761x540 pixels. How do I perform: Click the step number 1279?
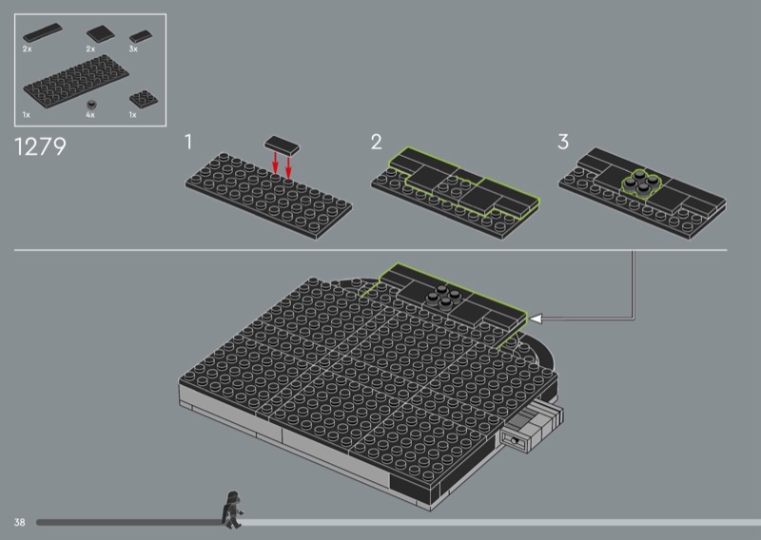tap(40, 146)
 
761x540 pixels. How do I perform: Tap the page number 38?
tap(19, 522)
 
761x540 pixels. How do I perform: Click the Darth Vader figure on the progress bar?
tap(232, 510)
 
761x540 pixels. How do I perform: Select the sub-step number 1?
tap(188, 142)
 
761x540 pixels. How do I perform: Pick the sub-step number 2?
tap(376, 142)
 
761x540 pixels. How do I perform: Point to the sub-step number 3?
tap(563, 142)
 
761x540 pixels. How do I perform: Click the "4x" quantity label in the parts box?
tap(90, 115)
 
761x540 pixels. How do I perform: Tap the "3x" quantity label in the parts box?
tap(133, 49)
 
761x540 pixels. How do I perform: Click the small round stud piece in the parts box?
tap(90, 105)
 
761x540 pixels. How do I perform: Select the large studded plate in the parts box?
tap(76, 81)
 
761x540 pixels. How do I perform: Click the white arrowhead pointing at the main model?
tap(536, 318)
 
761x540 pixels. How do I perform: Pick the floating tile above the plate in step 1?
tap(282, 145)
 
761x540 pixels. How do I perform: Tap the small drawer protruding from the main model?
tap(533, 427)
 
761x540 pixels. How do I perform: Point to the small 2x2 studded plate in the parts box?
tap(144, 99)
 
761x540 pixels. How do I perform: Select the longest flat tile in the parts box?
tap(43, 32)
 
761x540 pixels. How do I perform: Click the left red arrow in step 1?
tap(275, 164)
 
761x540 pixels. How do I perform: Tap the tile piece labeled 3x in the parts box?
tap(141, 36)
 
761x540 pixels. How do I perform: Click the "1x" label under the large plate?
tap(27, 115)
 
